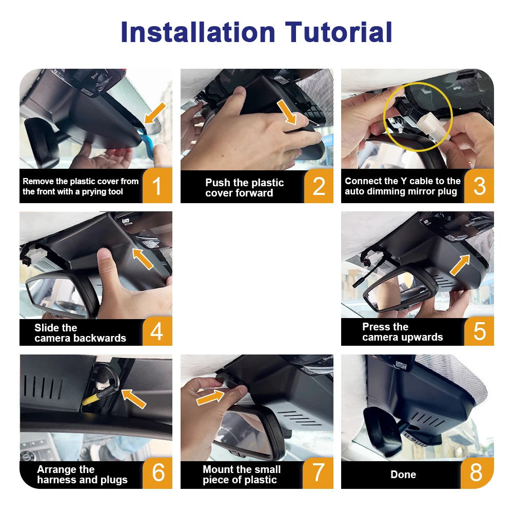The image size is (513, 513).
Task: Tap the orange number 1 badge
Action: [x=157, y=186]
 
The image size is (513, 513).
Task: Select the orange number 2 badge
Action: [x=319, y=186]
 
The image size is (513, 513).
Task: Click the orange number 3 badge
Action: [x=479, y=186]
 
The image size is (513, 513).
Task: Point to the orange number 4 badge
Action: [x=157, y=331]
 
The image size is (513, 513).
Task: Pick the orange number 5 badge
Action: [x=479, y=331]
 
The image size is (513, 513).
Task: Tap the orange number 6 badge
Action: [x=157, y=472]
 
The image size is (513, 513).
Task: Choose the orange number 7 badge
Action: [x=319, y=472]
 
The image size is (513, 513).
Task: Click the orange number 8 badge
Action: [x=477, y=472]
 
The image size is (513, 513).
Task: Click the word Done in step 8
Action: [x=403, y=475]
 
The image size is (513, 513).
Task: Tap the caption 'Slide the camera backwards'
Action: [x=80, y=333]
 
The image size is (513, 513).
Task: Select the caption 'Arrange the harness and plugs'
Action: [x=82, y=475]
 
